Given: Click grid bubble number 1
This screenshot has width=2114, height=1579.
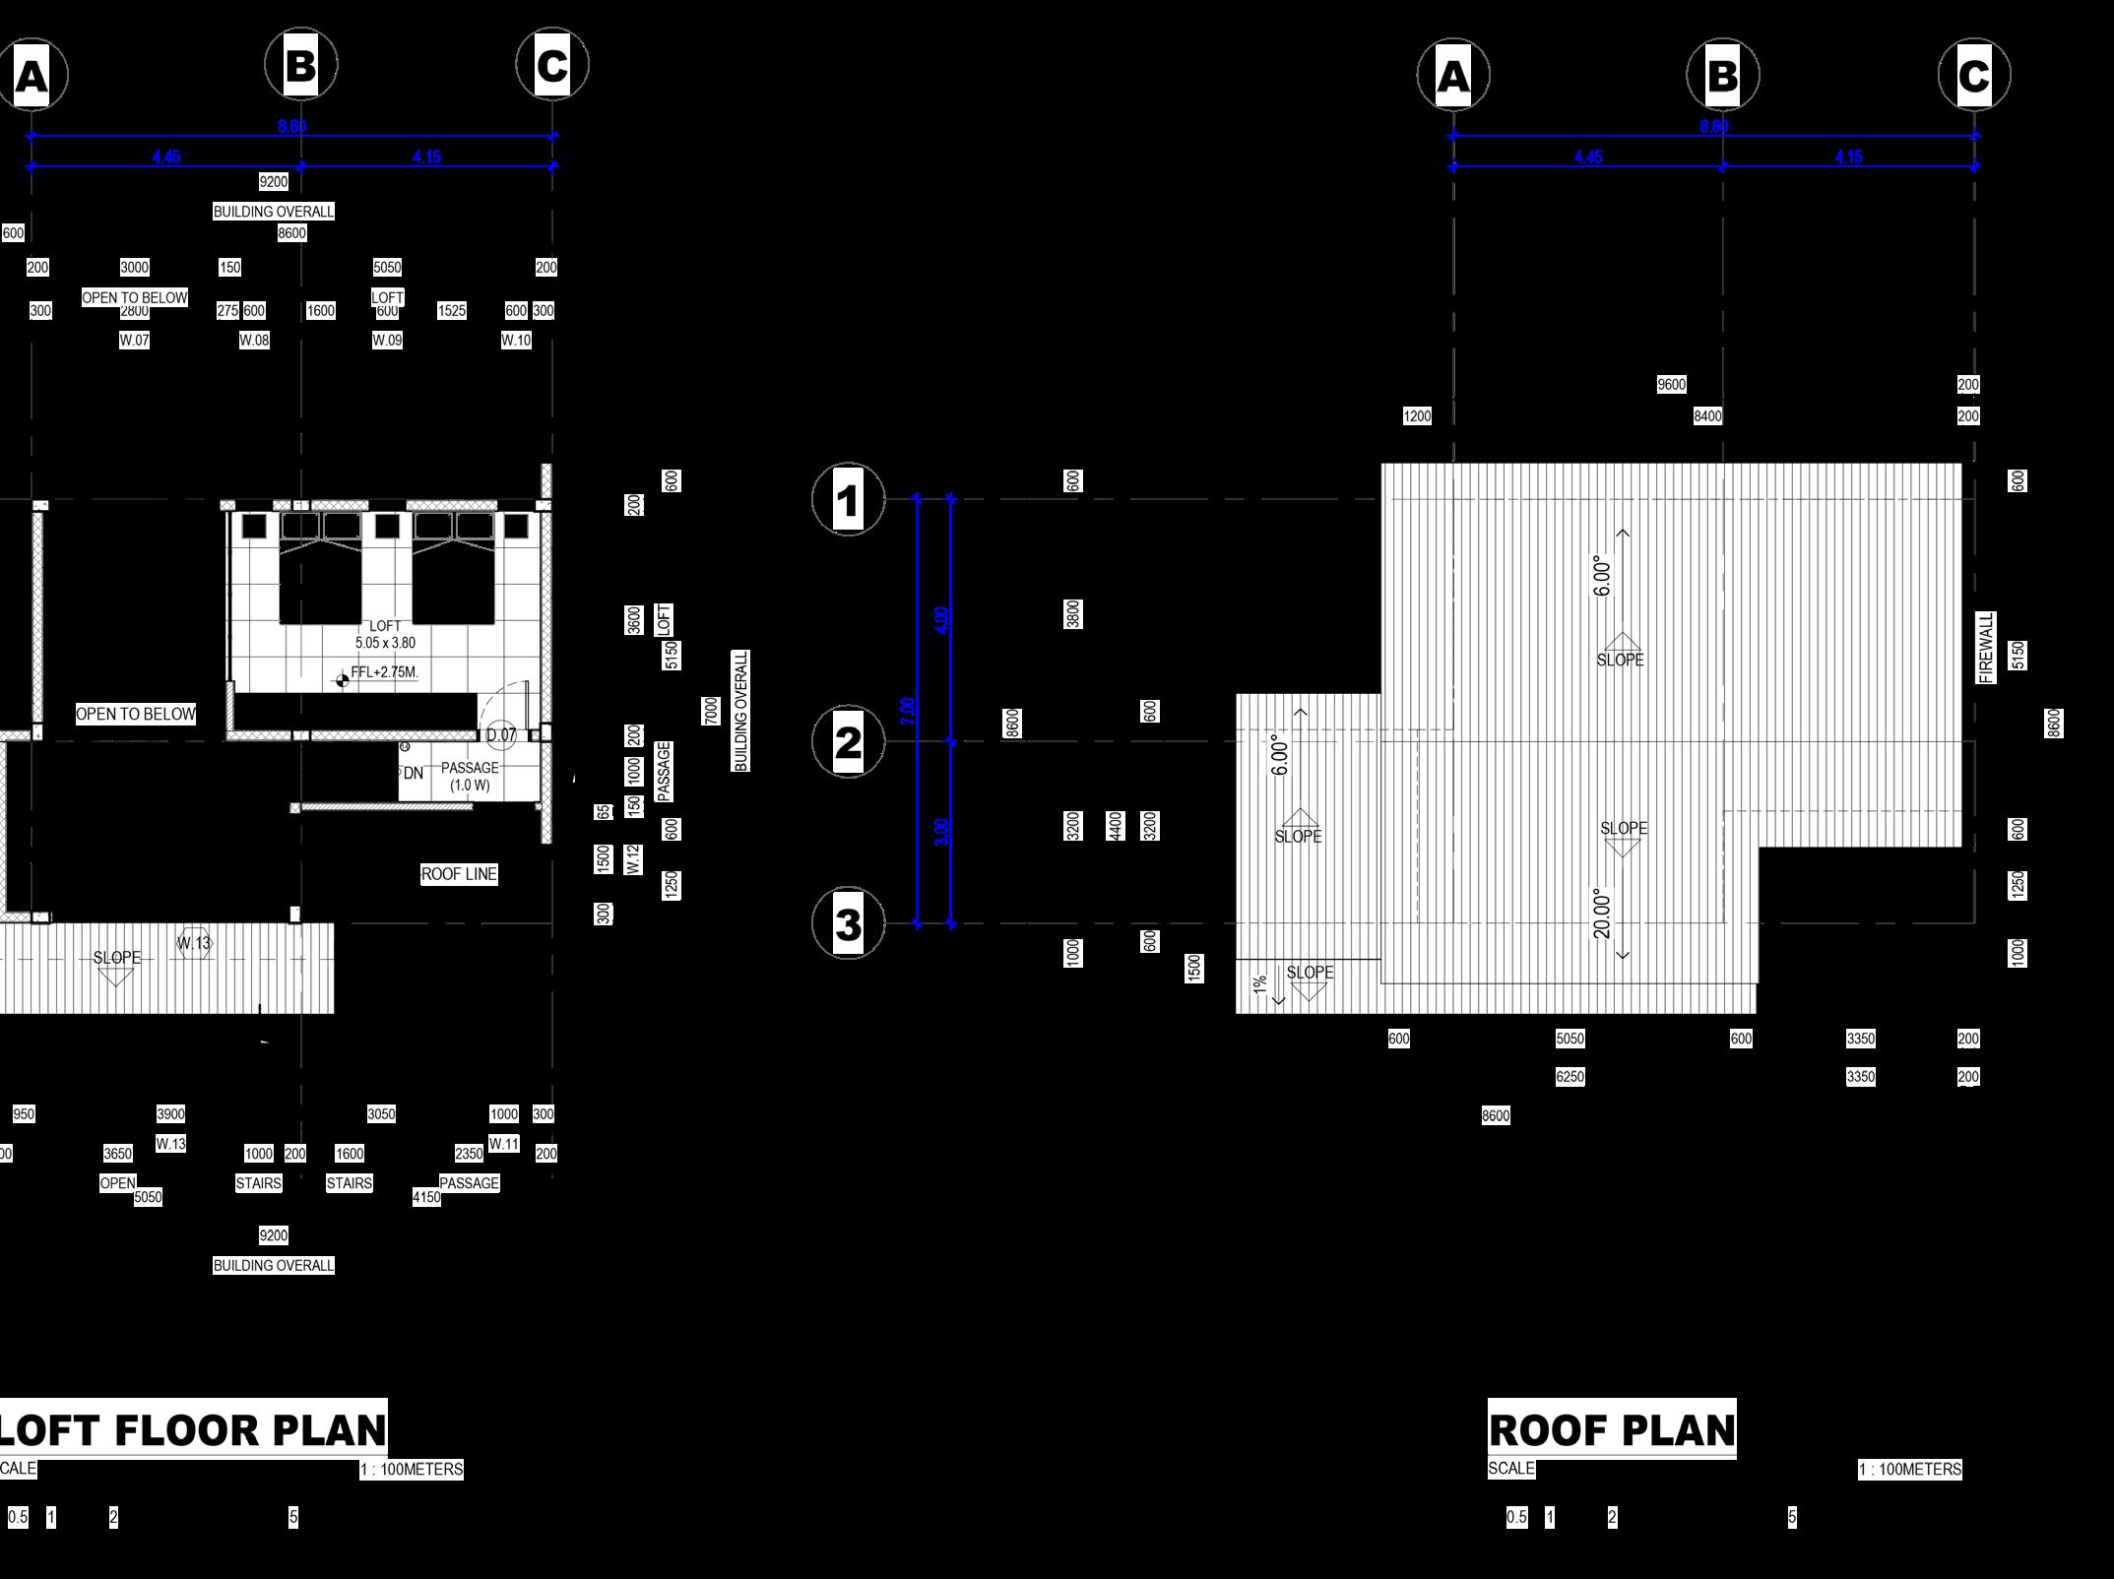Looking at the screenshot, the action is pos(848,500).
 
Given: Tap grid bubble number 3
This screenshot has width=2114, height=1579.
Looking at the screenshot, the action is pos(848,924).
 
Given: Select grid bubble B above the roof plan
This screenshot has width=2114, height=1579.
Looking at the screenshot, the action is pos(1722,75).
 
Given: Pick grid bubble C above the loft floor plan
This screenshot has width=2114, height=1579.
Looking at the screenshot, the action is pos(552,65).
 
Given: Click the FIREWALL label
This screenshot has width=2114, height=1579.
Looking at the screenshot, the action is pos(1986,648).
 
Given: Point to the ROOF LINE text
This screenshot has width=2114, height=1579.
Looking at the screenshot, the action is pos(459,874).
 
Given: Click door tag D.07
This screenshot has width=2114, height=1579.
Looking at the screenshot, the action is pos(501,734).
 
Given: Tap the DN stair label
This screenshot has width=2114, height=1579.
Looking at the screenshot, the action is pos(414,774).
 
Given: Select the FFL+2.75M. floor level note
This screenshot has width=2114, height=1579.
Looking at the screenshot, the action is pos(384,673).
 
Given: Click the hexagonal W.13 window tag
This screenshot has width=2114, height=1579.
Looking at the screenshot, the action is pos(194,943).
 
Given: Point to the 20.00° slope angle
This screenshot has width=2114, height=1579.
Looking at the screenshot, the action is pos(1602,914).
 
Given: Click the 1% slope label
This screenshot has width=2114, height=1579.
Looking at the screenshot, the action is pos(1260,984).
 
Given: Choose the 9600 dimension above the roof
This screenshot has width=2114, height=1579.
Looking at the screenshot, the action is pos(1671,385).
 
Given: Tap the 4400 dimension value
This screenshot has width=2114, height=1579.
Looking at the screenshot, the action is pos(1116,826).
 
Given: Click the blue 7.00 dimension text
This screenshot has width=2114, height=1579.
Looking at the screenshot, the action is pos(908,711).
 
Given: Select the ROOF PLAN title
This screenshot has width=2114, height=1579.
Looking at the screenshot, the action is pos(1612,1430).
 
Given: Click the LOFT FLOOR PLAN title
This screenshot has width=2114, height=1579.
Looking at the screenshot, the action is pos(193,1430).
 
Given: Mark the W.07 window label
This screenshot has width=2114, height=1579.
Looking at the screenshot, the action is pos(134,341).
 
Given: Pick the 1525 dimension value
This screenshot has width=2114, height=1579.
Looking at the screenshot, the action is pos(451,311).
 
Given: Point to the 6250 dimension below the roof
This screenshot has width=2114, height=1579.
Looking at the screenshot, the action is pos(1569,1077).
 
